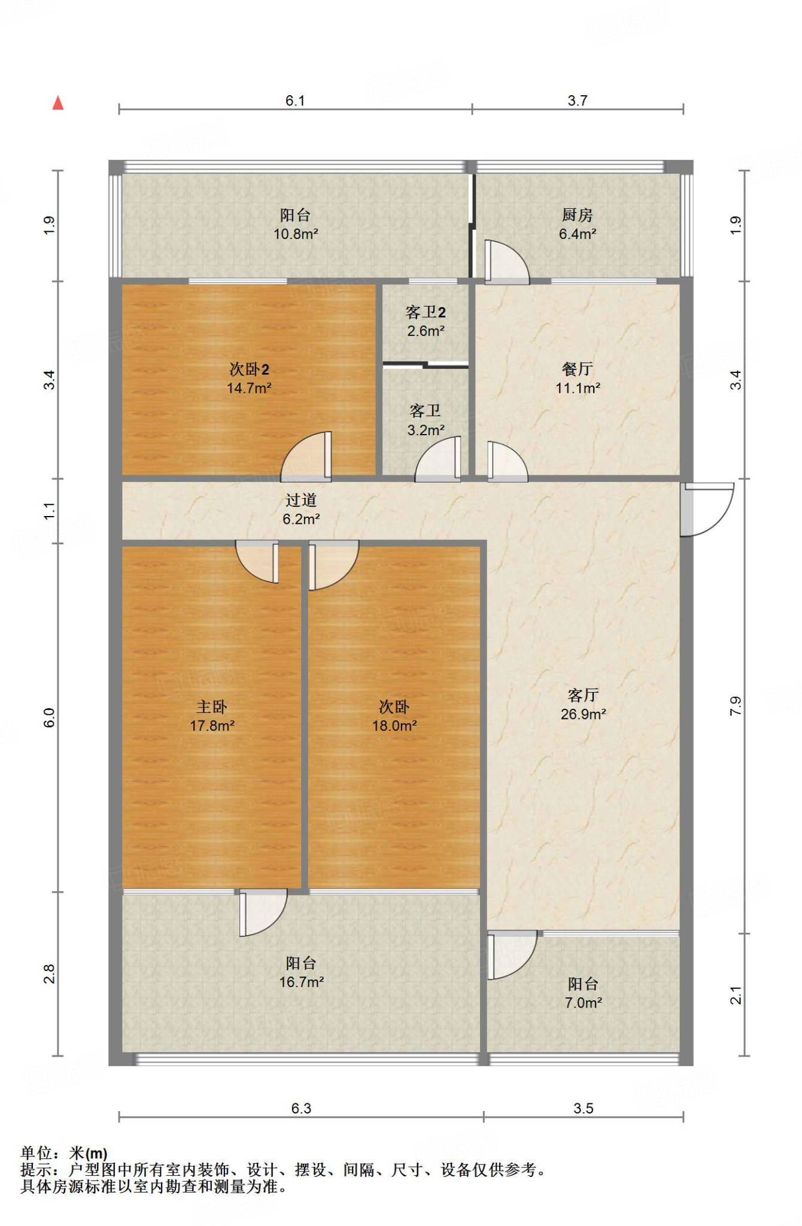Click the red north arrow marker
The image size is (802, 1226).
pyautogui.click(x=58, y=103)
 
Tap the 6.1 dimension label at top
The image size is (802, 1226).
pyautogui.click(x=295, y=101)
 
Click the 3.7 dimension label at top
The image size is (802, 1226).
pyautogui.click(x=578, y=101)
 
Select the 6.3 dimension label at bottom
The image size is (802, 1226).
pyautogui.click(x=301, y=1108)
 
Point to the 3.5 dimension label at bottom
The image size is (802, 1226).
pyautogui.click(x=584, y=1108)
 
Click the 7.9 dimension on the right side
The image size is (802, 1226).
pyautogui.click(x=736, y=706)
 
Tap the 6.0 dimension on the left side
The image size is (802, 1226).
pyautogui.click(x=50, y=717)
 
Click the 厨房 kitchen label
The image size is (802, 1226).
pyautogui.click(x=578, y=214)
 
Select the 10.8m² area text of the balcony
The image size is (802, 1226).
pyautogui.click(x=296, y=234)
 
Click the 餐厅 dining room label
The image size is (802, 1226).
pyautogui.click(x=578, y=368)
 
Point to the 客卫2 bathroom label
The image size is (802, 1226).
pyautogui.click(x=426, y=312)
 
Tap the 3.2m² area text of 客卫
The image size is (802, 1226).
pyautogui.click(x=426, y=430)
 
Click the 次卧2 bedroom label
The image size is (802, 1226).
pyautogui.click(x=249, y=369)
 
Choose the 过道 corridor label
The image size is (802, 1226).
pyautogui.click(x=301, y=500)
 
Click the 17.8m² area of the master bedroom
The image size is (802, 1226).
pyautogui.click(x=212, y=726)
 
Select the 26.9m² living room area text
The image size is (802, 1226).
pyautogui.click(x=583, y=714)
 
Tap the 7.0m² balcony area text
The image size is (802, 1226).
pyautogui.click(x=583, y=1003)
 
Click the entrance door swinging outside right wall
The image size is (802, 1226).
pyautogui.click(x=706, y=509)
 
